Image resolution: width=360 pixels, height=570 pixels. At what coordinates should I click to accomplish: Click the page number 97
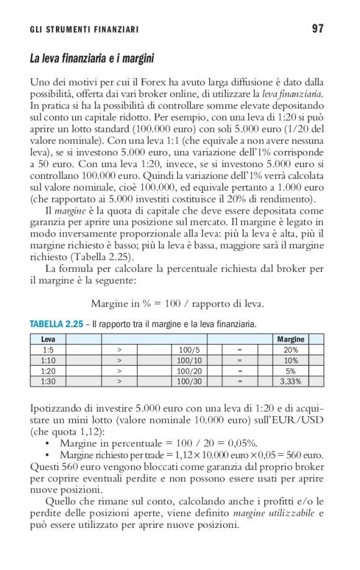click(x=318, y=29)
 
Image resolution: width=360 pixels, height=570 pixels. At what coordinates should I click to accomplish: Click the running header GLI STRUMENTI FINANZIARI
click(x=84, y=30)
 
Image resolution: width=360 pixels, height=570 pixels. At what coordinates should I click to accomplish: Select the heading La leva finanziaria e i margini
click(x=92, y=59)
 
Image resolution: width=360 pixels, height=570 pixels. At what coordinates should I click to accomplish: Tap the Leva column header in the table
click(x=48, y=340)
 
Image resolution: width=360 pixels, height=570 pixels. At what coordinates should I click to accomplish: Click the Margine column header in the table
click(x=290, y=340)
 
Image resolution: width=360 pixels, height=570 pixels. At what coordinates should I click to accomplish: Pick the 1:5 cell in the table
click(x=48, y=350)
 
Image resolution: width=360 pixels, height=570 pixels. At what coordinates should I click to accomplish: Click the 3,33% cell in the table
click(x=290, y=382)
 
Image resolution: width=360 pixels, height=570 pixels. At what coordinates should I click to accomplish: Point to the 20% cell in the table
click(x=290, y=350)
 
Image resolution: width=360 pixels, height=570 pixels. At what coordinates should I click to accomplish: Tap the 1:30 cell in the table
click(x=48, y=382)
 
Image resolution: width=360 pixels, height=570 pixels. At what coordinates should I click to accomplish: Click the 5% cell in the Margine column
click(x=290, y=371)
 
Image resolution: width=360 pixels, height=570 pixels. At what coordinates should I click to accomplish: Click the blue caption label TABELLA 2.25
click(x=56, y=324)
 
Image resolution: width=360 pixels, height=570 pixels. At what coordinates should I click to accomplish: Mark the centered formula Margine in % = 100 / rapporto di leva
click(x=178, y=304)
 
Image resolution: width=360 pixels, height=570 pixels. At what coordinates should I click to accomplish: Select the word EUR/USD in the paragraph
click(x=294, y=420)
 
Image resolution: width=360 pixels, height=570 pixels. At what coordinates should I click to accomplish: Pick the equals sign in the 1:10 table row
click(x=239, y=361)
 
